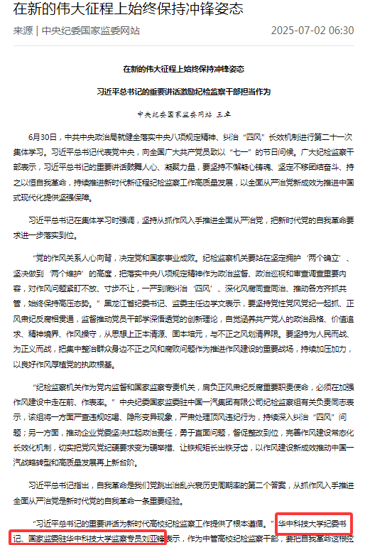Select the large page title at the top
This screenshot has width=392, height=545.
pos(129,10)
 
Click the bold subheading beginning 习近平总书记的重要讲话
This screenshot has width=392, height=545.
pos(183,92)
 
